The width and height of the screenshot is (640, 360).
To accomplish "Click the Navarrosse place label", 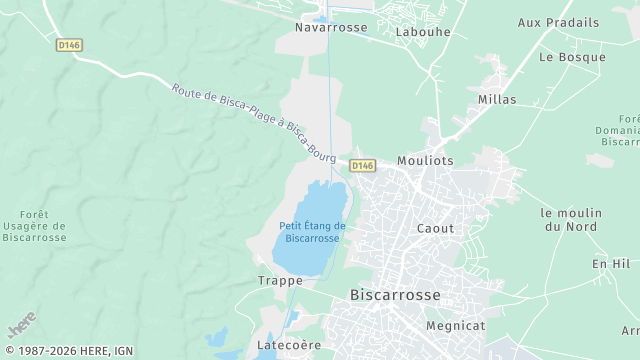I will pyautogui.click(x=331, y=28).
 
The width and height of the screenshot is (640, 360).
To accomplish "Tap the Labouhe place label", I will pyautogui.click(x=423, y=32).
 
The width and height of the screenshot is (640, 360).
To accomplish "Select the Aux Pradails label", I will pyautogui.click(x=558, y=22).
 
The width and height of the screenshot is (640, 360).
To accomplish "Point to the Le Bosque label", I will pyautogui.click(x=572, y=57).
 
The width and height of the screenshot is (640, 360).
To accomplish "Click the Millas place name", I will pyautogui.click(x=497, y=100).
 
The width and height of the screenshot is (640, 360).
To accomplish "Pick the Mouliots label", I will pyautogui.click(x=425, y=160).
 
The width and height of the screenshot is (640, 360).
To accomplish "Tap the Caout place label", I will pyautogui.click(x=435, y=228).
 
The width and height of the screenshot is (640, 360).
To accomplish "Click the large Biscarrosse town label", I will pyautogui.click(x=395, y=295).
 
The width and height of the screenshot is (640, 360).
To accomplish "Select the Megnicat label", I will pyautogui.click(x=455, y=325).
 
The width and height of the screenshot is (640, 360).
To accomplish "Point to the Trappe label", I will pyautogui.click(x=280, y=281).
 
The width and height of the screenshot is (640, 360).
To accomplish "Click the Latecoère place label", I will pyautogui.click(x=289, y=345).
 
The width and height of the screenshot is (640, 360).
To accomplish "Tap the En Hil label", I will pyautogui.click(x=611, y=263).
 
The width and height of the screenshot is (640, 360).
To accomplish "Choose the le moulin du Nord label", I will pyautogui.click(x=571, y=220).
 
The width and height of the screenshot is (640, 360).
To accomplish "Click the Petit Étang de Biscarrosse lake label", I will pyautogui.click(x=313, y=232).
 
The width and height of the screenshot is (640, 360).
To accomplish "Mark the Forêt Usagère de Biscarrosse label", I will pyautogui.click(x=35, y=225).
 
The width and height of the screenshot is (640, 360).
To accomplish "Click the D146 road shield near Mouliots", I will pyautogui.click(x=362, y=165).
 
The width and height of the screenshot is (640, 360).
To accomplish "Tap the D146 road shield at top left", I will pyautogui.click(x=68, y=45).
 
